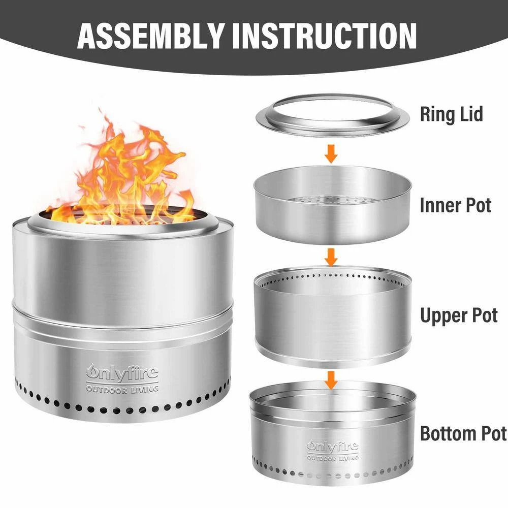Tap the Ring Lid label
[451, 114]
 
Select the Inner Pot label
[456, 205]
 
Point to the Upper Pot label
[459, 315]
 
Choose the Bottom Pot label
[463, 433]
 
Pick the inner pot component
[332, 213]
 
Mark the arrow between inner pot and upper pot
[331, 257]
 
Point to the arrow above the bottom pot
[331, 379]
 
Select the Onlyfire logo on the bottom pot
[333, 447]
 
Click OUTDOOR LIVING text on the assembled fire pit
[122, 389]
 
